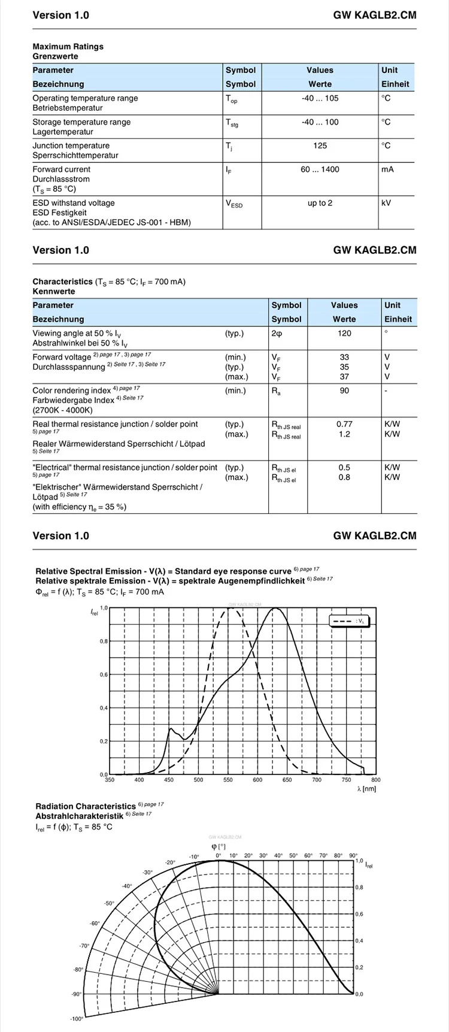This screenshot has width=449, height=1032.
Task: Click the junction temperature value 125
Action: (320, 146)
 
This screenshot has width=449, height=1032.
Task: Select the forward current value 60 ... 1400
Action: (320, 170)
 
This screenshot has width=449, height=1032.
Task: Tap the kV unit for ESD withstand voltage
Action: (386, 203)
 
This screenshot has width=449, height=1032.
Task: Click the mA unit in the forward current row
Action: (388, 170)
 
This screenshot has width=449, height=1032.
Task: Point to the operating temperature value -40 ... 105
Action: (320, 98)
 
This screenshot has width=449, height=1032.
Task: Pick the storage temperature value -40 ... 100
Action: (320, 122)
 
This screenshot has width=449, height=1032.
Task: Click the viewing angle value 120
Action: (344, 333)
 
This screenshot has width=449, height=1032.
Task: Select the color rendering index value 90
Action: (344, 391)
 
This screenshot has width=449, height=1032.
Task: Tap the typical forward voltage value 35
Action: (344, 367)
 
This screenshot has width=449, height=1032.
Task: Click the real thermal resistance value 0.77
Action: (344, 424)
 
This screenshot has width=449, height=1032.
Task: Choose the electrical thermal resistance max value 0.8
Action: (344, 477)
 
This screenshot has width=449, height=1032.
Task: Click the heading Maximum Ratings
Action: (68, 46)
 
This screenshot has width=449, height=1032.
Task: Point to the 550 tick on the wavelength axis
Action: (228, 780)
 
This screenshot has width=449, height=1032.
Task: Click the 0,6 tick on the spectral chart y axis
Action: (104, 675)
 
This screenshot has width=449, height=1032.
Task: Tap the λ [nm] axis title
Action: (366, 789)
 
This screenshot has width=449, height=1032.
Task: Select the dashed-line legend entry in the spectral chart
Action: (350, 621)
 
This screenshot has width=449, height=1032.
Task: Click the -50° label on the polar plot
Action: (109, 903)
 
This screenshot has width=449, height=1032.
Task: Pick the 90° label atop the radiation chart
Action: (353, 855)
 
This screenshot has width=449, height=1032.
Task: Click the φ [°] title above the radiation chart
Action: (219, 846)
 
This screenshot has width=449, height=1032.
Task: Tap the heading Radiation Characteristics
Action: (86, 806)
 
